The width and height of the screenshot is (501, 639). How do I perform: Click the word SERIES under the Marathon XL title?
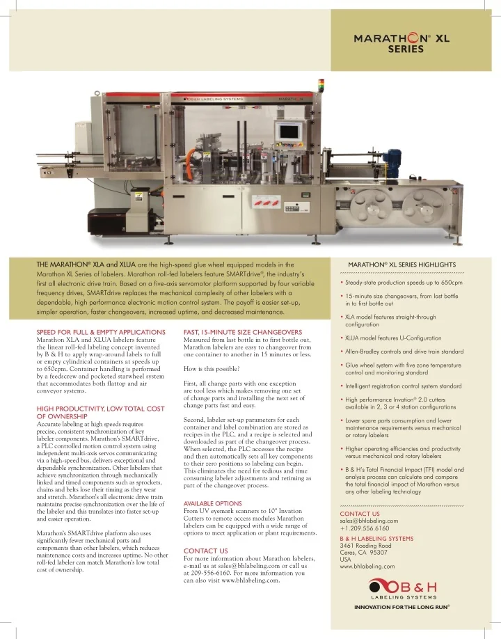click(x=406, y=50)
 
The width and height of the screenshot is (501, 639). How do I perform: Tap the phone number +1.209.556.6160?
click(x=365, y=528)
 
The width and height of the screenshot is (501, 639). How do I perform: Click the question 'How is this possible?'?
click(x=212, y=368)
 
